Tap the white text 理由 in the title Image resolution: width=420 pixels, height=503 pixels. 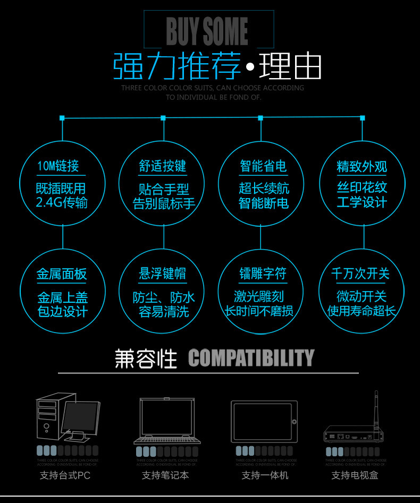click(x=290, y=66)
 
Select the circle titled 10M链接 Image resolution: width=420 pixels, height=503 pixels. click(x=62, y=182)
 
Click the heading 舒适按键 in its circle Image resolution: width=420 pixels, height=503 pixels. click(x=163, y=166)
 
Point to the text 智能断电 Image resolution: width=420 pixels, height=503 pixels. click(x=264, y=202)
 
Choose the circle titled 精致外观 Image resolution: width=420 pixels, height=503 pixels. click(x=362, y=183)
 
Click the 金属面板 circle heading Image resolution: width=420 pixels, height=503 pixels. click(x=62, y=274)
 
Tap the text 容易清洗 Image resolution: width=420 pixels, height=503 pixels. click(x=163, y=311)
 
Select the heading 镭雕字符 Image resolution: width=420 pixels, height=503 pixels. click(x=263, y=274)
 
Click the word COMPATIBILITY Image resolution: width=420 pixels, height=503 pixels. click(x=251, y=359)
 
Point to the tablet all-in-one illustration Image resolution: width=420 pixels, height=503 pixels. click(x=262, y=421)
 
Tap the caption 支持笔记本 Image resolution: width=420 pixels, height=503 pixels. click(x=165, y=475)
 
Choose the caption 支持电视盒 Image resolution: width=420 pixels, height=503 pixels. click(x=355, y=475)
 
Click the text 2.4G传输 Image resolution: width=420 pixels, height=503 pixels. click(x=62, y=202)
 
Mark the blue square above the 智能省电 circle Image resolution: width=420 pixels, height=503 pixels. click(x=261, y=118)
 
